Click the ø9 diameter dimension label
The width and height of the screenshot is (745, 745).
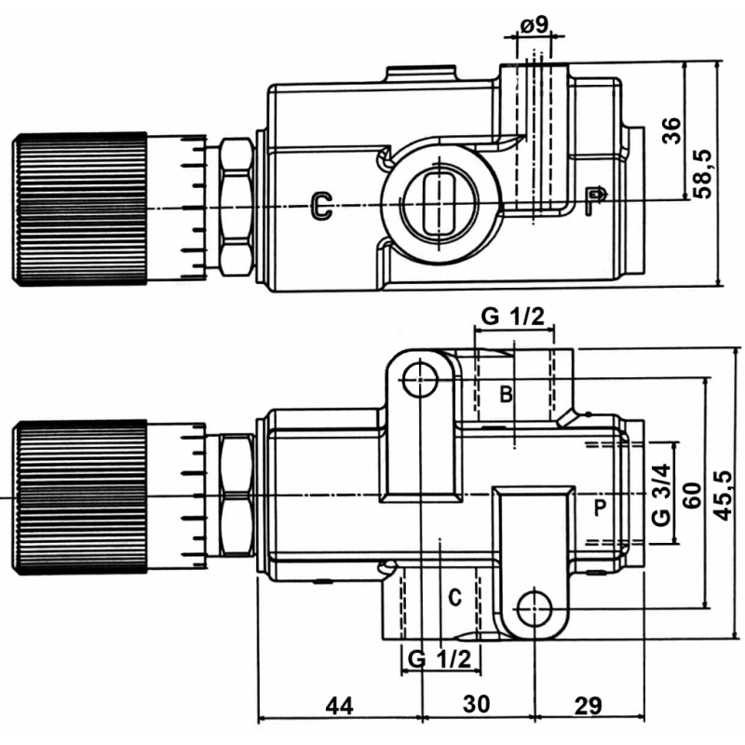tap(534, 25)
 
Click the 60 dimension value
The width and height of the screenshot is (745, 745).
tap(690, 495)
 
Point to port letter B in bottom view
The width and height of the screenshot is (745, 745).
tap(504, 393)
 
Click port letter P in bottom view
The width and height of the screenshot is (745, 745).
tap(601, 508)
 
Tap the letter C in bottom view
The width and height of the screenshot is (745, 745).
tap(454, 596)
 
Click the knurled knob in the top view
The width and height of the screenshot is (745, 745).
tap(79, 207)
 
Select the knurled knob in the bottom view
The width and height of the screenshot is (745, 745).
tap(79, 495)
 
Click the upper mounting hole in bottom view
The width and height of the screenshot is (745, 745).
tap(422, 378)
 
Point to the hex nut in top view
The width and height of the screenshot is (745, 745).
tap(237, 207)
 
